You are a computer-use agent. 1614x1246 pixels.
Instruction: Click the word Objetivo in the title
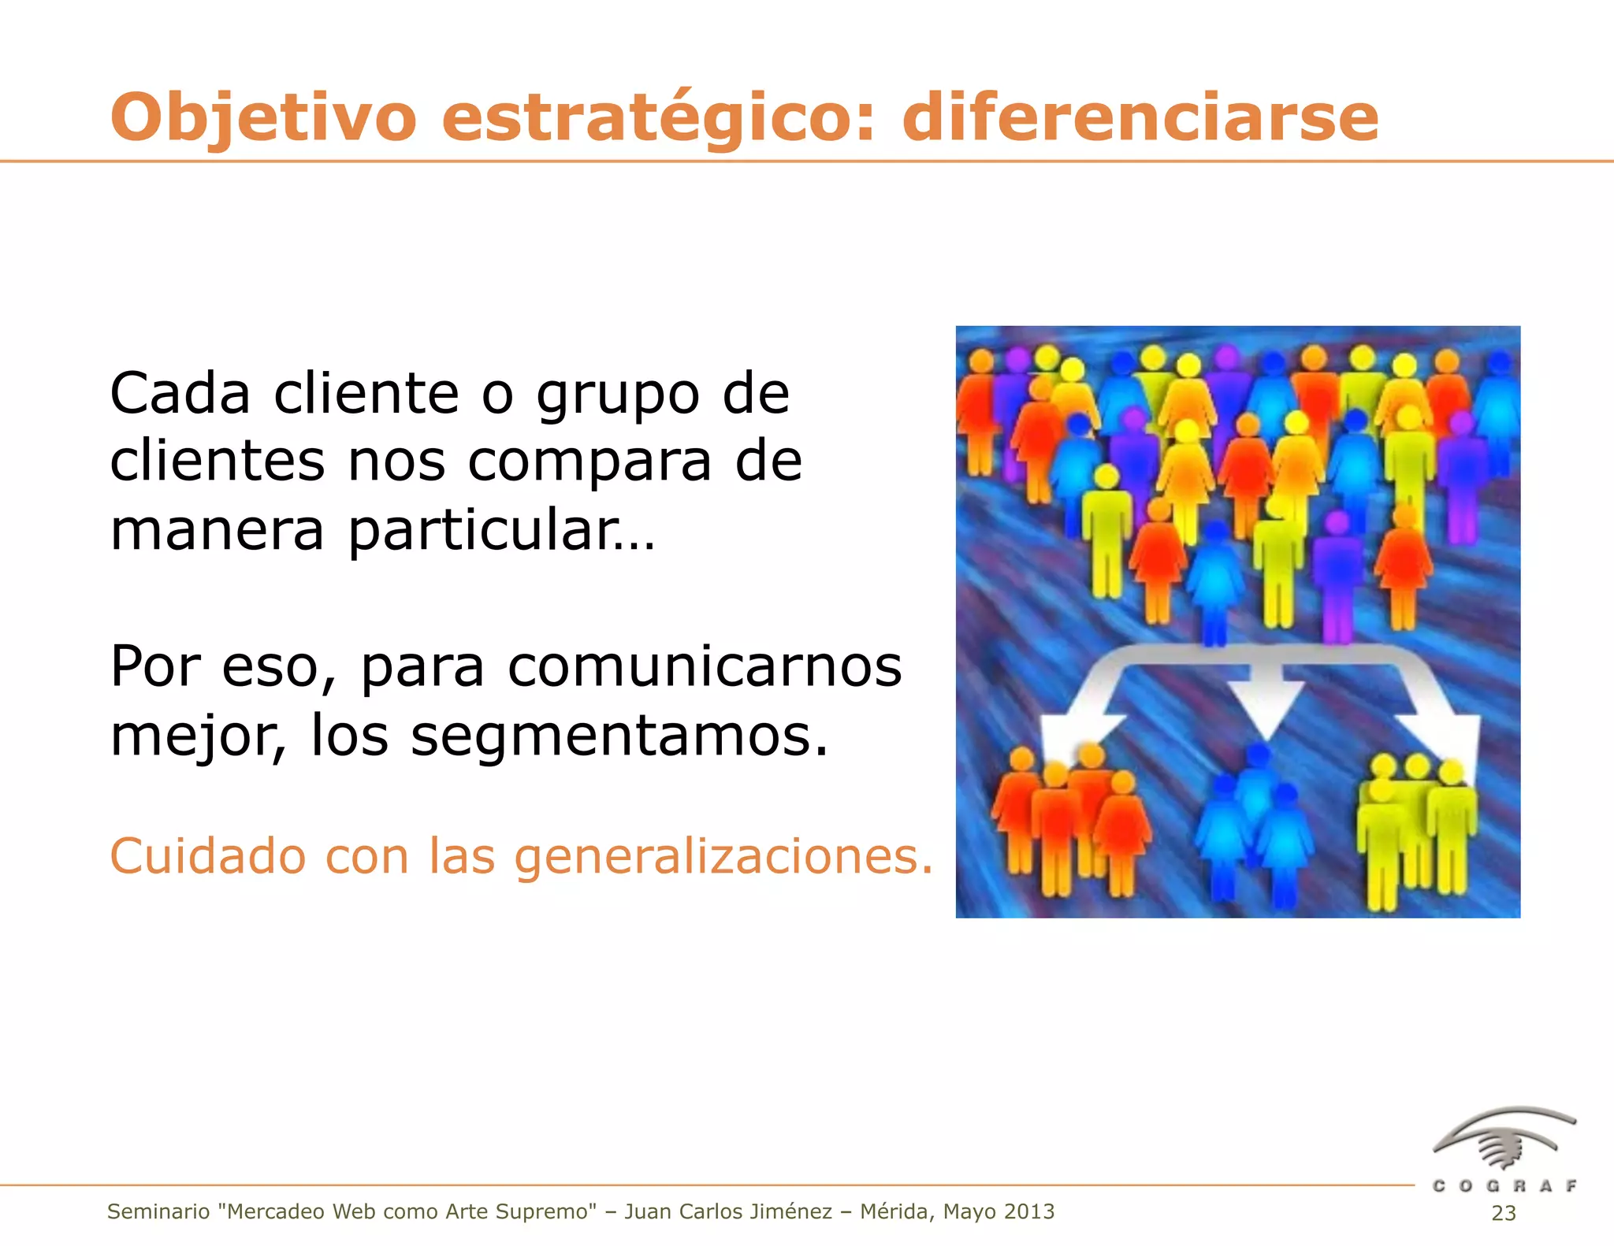[x=263, y=118]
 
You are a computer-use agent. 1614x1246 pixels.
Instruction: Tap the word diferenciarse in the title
[x=1140, y=118]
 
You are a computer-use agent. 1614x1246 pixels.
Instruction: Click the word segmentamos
[x=619, y=736]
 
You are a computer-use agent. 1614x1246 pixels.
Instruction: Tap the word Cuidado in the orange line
[x=207, y=856]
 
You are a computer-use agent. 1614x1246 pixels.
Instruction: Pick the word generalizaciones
[x=723, y=857]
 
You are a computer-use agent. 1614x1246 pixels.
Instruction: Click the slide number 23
[x=1504, y=1214]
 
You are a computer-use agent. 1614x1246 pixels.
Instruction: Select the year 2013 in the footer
[x=1028, y=1212]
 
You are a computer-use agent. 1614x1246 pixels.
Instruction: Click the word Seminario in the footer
[x=158, y=1212]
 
